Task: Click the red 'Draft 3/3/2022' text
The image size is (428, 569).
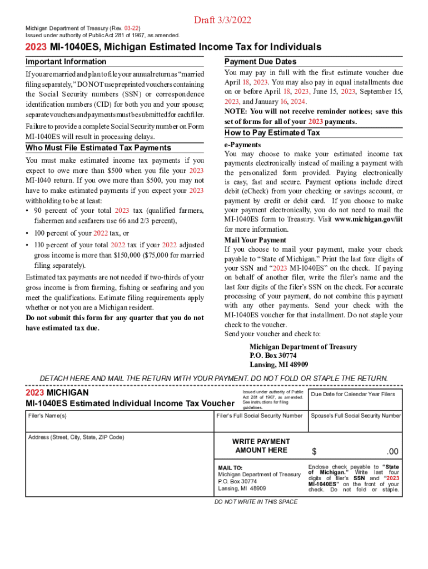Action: [222, 21]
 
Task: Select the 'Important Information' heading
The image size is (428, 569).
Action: [66, 62]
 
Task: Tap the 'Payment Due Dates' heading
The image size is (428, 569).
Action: [260, 62]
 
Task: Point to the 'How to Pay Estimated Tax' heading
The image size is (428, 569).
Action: [272, 133]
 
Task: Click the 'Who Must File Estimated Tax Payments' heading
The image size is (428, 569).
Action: [98, 148]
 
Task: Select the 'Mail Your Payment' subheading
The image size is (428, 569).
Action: [247, 240]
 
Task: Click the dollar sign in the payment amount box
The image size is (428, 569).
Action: [314, 451]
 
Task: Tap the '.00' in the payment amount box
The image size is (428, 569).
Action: [392, 451]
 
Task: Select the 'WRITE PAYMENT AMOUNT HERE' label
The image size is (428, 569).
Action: [261, 446]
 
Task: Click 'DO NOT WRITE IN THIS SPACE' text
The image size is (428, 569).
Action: [256, 502]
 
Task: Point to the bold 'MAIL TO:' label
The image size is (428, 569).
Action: [230, 468]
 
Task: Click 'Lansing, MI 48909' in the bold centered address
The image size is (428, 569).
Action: [279, 365]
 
